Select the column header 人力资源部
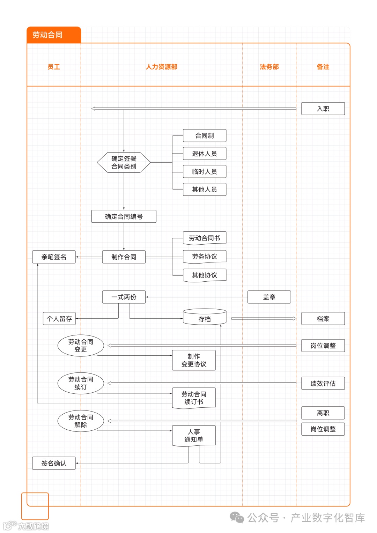(162, 67)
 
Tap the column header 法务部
(269, 67)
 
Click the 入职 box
(323, 109)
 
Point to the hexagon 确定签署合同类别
(124, 162)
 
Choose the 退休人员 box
(205, 154)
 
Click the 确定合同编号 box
(124, 216)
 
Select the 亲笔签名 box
(54, 257)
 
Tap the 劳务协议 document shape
(205, 257)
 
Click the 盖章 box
(269, 297)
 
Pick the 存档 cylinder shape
(205, 317)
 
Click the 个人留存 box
(59, 319)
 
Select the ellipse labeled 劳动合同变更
(81, 346)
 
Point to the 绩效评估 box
(323, 383)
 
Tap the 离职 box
(323, 413)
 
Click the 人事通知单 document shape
(194, 436)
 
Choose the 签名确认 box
(54, 463)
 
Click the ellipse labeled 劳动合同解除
(81, 421)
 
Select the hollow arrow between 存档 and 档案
(264, 319)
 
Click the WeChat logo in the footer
(237, 517)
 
